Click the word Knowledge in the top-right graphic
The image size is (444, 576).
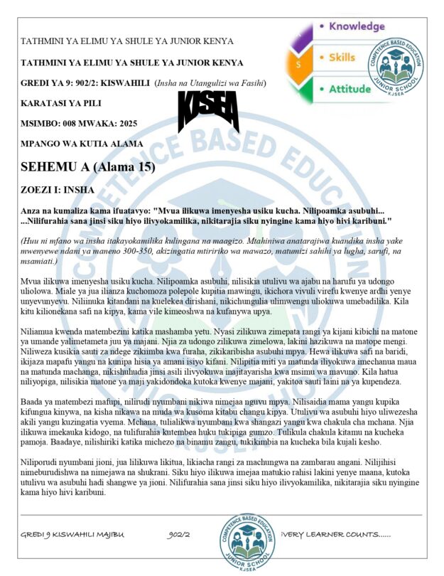356,26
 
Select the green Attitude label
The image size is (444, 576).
350,89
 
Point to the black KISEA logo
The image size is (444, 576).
208,111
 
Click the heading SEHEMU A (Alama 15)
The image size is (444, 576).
87,168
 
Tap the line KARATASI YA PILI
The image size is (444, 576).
61,103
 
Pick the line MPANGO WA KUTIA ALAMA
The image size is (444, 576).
82,143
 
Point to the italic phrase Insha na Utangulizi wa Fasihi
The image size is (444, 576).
210,83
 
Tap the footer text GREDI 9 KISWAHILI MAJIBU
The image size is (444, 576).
72,533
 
